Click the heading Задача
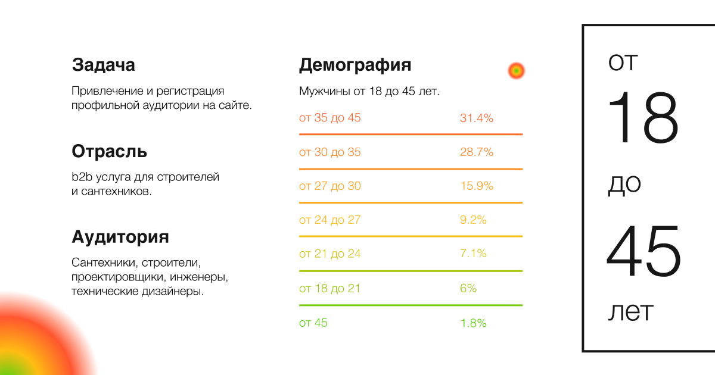pyautogui.click(x=103, y=65)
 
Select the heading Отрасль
pyautogui.click(x=109, y=151)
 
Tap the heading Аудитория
pyautogui.click(x=120, y=237)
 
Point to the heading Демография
pyautogui.click(x=355, y=65)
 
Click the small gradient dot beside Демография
pyautogui.click(x=516, y=71)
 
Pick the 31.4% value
pyautogui.click(x=476, y=118)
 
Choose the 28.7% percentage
pyautogui.click(x=476, y=152)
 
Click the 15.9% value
pyautogui.click(x=476, y=186)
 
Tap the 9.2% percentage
pyautogui.click(x=473, y=220)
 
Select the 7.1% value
pyautogui.click(x=473, y=254)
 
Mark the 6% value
pyautogui.click(x=468, y=288)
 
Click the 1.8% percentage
pyautogui.click(x=473, y=323)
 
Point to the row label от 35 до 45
pyautogui.click(x=329, y=118)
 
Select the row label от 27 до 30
pyautogui.click(x=329, y=186)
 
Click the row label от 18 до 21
pyautogui.click(x=329, y=288)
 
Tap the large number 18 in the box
pyautogui.click(x=643, y=117)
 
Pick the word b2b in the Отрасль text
pyautogui.click(x=82, y=177)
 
